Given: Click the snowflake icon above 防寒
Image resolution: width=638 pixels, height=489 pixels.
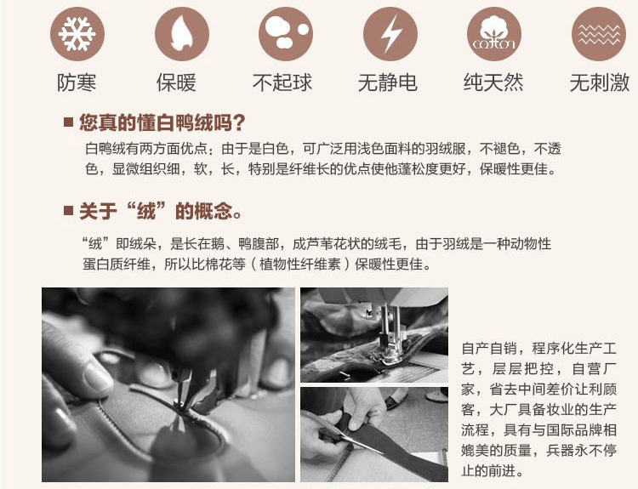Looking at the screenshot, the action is pos(77,34).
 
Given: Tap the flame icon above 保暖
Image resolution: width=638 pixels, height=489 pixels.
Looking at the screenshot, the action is pos(182,34).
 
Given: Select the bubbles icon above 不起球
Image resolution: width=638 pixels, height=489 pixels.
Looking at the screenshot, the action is pos(286,34).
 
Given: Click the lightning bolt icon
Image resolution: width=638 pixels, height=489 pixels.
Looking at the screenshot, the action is pos(390,34).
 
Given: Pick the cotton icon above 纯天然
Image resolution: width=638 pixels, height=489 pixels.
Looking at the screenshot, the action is pos(494,34).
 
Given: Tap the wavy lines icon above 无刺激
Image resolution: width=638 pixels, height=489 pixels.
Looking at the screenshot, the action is pos(599,34).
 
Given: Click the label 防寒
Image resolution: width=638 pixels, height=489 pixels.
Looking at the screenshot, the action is pos(77,82).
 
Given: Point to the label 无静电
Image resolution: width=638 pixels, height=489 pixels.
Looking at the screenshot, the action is pos(388,82).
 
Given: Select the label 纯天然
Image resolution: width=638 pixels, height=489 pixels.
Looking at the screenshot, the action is pos(493,82).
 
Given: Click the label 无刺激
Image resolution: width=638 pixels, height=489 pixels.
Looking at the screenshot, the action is pos(600,82).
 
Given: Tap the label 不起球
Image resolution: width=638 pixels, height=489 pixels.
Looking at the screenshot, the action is pos(282,82).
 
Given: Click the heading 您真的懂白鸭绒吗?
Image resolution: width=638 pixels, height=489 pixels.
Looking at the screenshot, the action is pos(162,122).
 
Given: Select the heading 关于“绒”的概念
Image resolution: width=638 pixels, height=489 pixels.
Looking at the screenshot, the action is pos(160,211).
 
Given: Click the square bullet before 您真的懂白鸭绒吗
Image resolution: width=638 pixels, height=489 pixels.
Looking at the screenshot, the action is pos(68,122).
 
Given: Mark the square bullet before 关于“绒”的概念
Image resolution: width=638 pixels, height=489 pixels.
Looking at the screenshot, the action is pos(68,211).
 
